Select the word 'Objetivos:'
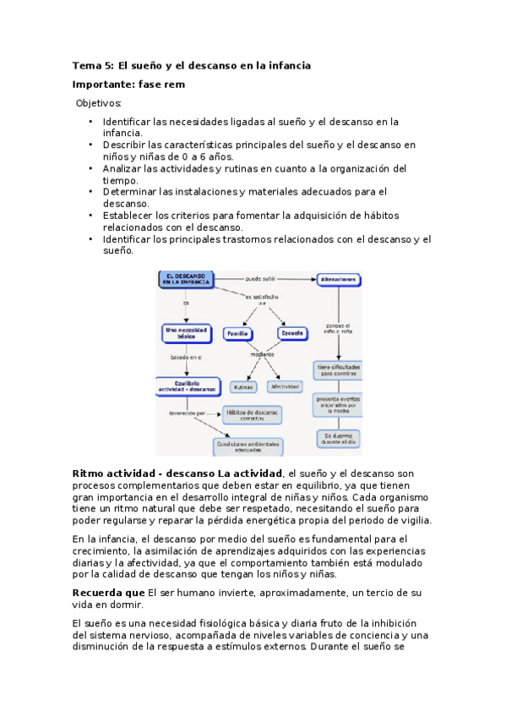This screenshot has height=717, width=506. click(x=99, y=103)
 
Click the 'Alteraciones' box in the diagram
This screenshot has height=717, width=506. click(x=339, y=278)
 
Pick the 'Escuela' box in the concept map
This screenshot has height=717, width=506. click(x=291, y=333)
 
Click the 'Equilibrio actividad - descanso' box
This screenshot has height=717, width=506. click(x=188, y=387)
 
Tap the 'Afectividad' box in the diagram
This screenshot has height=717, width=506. click(x=285, y=386)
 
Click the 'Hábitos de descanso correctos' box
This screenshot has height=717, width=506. click(x=251, y=414)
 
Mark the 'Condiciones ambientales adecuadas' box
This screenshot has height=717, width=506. click(x=248, y=446)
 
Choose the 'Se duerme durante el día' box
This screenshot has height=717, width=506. click(x=338, y=439)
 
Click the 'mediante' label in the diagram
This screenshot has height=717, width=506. click(x=263, y=354)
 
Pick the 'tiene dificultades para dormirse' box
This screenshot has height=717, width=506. click(x=339, y=371)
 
